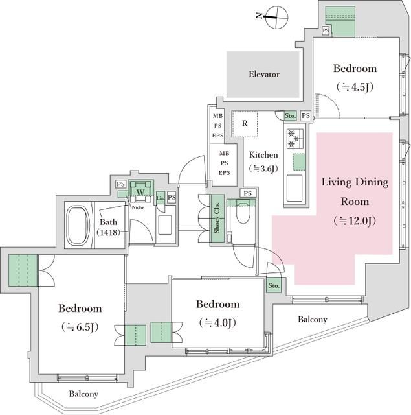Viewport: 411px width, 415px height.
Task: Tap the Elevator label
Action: click(264, 74)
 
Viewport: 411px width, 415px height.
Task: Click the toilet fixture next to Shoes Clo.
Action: click(243, 214)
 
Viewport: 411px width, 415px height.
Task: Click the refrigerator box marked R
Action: click(245, 123)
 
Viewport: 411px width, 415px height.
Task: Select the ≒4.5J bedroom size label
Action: click(355, 86)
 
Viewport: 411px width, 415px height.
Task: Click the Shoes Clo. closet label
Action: click(217, 220)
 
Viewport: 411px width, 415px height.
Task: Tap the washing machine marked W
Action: click(139, 192)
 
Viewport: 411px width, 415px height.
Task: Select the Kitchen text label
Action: click(263, 155)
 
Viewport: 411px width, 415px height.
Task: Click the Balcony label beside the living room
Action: click(313, 319)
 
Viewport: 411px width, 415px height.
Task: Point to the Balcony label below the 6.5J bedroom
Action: click(83, 394)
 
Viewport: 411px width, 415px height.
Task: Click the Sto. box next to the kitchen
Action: click(291, 116)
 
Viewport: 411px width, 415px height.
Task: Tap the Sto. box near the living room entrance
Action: click(274, 285)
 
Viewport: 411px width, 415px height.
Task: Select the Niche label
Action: click(137, 208)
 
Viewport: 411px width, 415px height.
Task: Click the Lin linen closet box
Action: click(160, 198)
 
